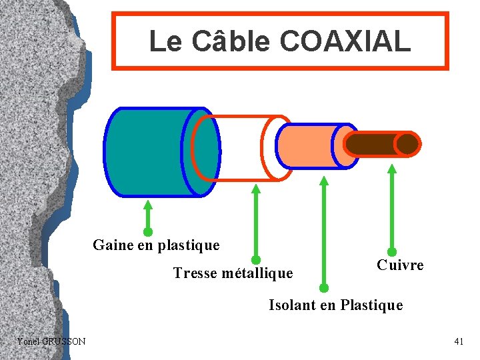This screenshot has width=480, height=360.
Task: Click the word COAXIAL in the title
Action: pyautogui.click(x=345, y=41)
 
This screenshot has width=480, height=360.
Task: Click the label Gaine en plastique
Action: pyautogui.click(x=156, y=245)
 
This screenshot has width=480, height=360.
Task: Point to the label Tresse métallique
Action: pyautogui.click(x=233, y=273)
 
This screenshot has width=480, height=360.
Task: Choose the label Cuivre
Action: pyautogui.click(x=400, y=265)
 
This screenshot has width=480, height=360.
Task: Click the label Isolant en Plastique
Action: pyautogui.click(x=335, y=305)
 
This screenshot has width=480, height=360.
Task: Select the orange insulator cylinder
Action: pyautogui.click(x=310, y=145)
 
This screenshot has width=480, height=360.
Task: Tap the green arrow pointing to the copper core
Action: pyautogui.click(x=392, y=207)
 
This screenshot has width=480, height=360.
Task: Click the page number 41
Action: pyautogui.click(x=459, y=342)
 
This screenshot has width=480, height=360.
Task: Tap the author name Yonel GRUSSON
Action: pyautogui.click(x=51, y=342)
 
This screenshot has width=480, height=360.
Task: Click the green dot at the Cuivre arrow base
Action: pyautogui.click(x=392, y=252)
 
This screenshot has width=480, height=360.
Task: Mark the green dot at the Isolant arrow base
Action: pyautogui.click(x=324, y=288)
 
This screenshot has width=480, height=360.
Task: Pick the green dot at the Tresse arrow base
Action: pyautogui.click(x=255, y=259)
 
